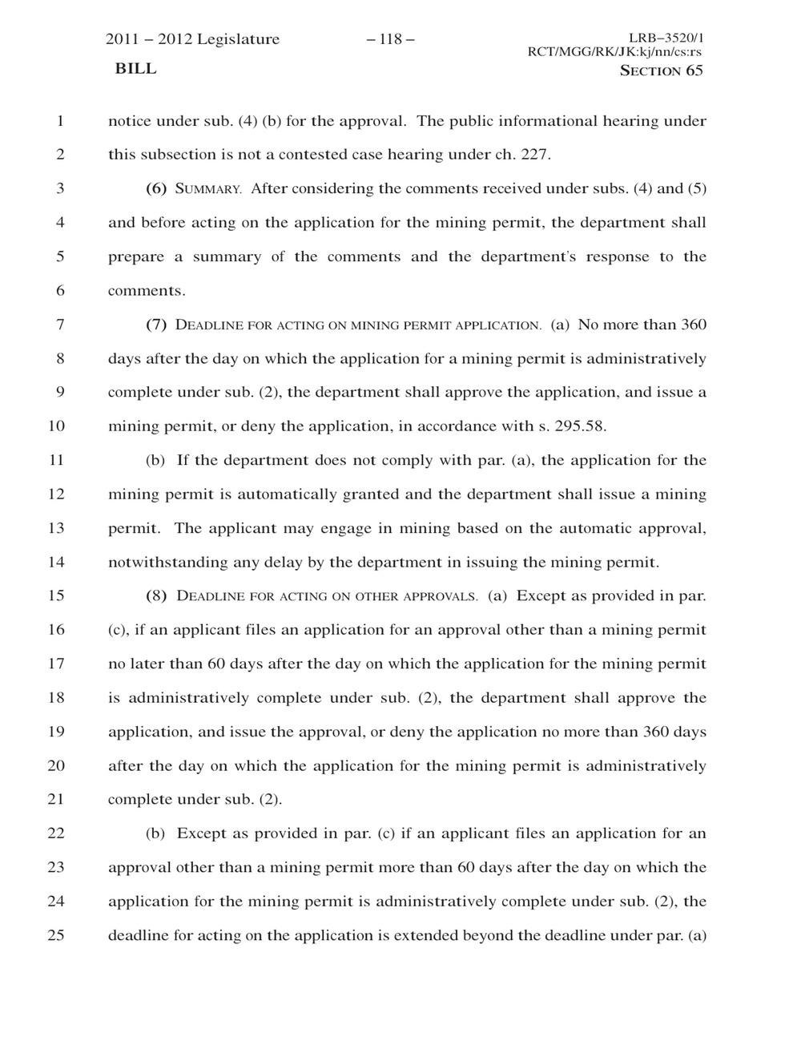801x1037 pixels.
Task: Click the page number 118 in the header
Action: click(391, 39)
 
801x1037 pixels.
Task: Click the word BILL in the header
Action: click(136, 69)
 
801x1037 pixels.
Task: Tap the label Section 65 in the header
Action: click(662, 71)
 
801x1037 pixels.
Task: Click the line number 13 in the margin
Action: click(56, 528)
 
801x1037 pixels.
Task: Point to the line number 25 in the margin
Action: click(56, 935)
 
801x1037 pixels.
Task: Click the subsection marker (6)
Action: click(156, 189)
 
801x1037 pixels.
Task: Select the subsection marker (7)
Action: click(156, 325)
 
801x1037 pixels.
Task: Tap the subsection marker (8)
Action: click(156, 595)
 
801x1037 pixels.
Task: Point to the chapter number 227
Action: click(535, 155)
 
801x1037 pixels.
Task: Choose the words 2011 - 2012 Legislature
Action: click(193, 39)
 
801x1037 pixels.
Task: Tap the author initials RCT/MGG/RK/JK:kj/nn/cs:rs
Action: click(614, 53)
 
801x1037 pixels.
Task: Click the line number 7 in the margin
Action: click(60, 325)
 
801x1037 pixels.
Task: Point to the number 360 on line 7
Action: click(693, 325)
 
